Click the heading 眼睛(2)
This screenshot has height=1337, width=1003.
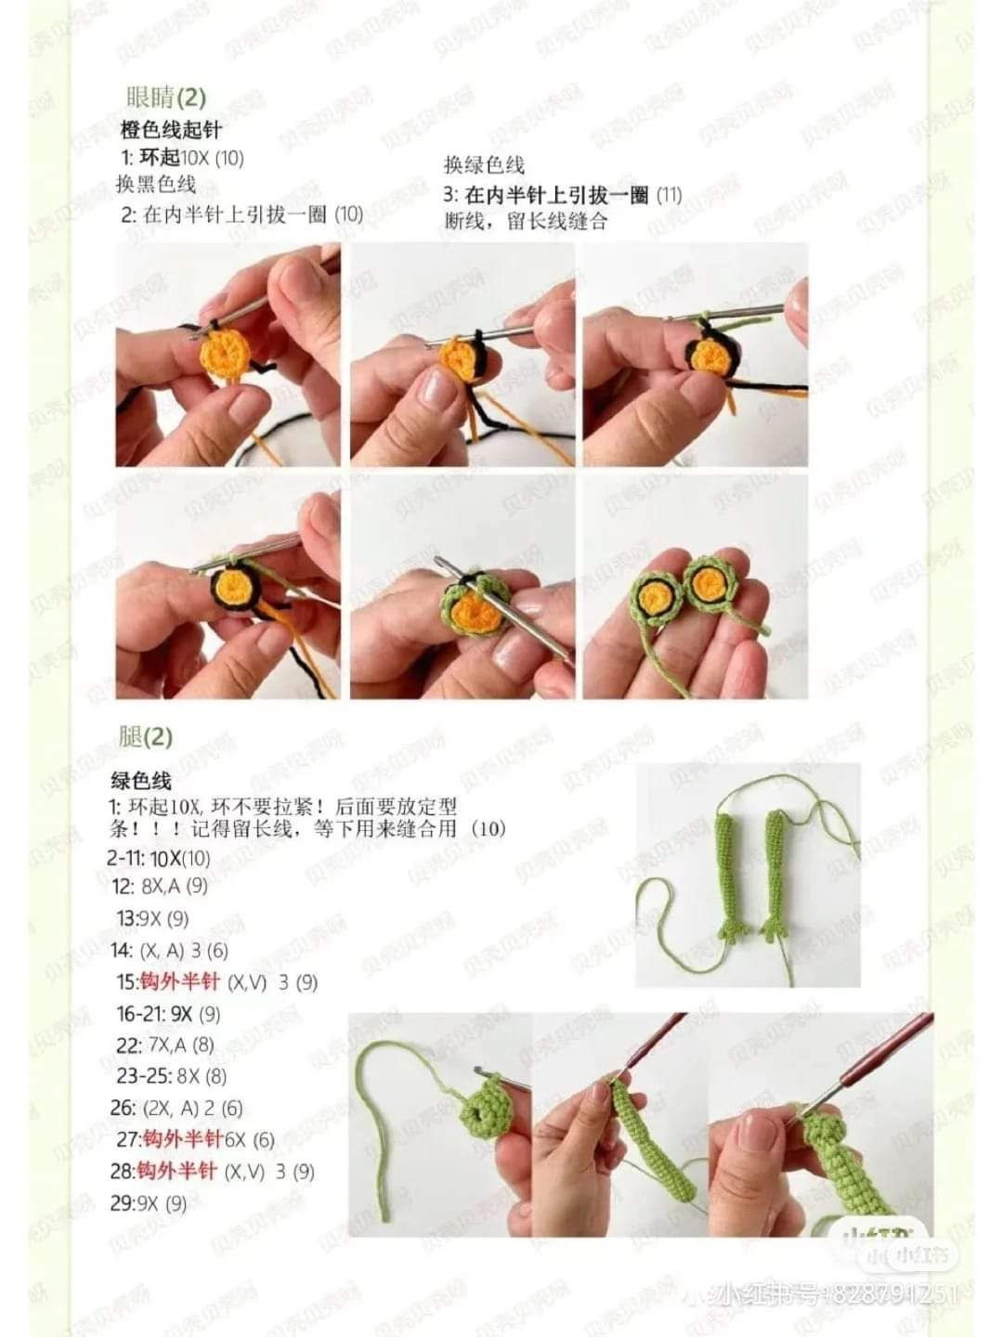tap(165, 97)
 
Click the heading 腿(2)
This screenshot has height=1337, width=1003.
tap(146, 737)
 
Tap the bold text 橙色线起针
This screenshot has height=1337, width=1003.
tap(171, 130)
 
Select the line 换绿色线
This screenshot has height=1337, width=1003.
tap(484, 165)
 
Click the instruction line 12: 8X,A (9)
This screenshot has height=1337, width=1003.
tap(160, 886)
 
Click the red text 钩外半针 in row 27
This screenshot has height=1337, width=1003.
tap(183, 1139)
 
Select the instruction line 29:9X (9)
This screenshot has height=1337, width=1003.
tap(149, 1203)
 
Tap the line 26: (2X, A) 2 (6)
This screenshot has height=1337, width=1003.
tap(176, 1108)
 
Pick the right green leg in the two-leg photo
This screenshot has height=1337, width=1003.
tap(774, 873)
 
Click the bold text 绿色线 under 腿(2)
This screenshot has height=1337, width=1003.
tap(141, 780)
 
